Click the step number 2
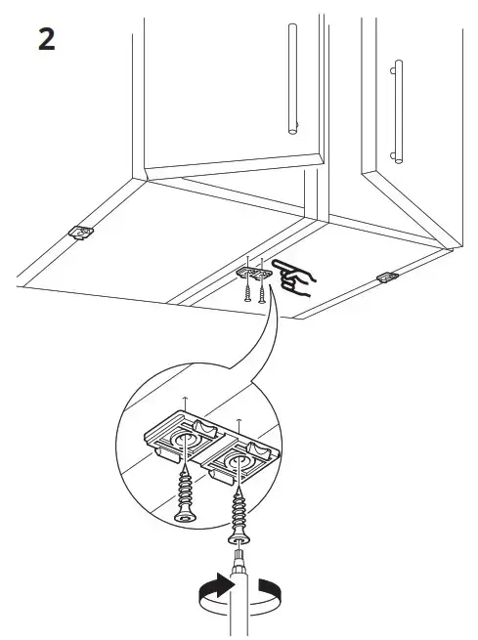click(47, 39)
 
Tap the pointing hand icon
click(293, 277)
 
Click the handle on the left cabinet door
click(292, 79)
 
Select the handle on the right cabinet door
click(398, 111)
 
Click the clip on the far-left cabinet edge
click(81, 233)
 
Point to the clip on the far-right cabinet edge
click(387, 277)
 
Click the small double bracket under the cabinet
click(254, 273)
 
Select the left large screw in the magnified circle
click(186, 497)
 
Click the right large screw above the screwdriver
click(239, 519)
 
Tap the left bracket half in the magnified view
click(181, 438)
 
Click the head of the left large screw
click(186, 518)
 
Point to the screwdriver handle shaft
click(239, 603)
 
